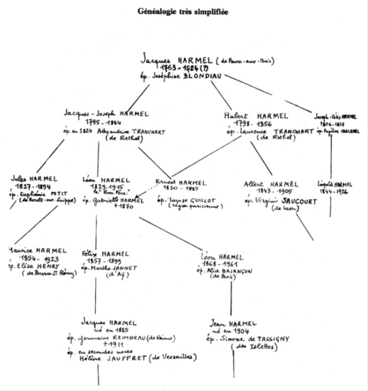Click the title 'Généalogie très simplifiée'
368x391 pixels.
click(183, 11)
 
